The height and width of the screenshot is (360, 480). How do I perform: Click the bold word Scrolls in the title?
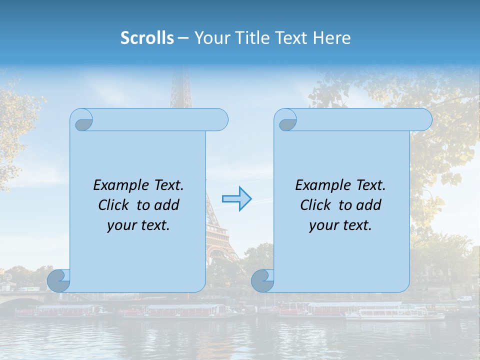click(x=147, y=38)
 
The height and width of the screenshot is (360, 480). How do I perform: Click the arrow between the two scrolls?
click(x=237, y=198)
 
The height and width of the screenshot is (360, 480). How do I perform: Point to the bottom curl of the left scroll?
click(x=58, y=280)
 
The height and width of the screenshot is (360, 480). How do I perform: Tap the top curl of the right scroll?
click(x=287, y=120)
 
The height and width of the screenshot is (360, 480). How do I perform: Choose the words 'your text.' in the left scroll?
click(x=138, y=225)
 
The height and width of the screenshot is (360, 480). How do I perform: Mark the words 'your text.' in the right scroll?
click(x=340, y=225)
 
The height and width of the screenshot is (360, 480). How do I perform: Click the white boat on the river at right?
click(x=395, y=314)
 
